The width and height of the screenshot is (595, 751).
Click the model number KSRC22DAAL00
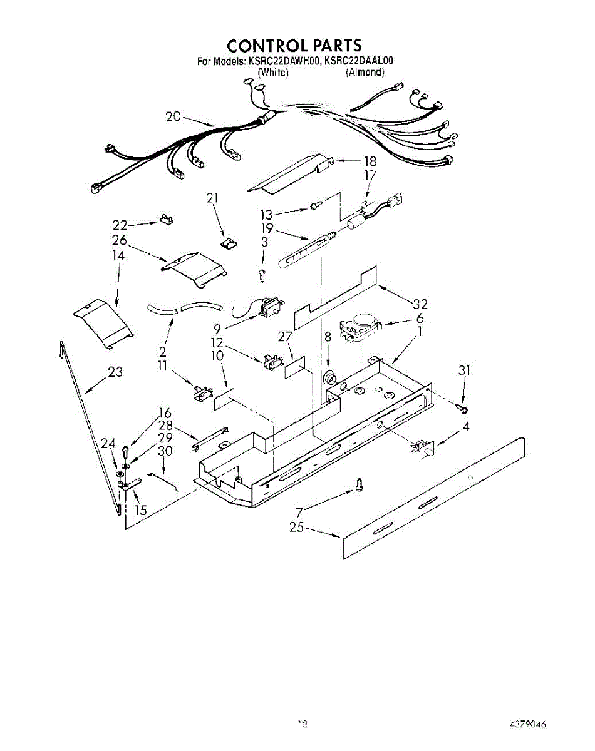359,61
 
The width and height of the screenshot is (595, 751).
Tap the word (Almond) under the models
365,73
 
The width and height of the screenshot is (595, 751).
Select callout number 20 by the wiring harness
174,116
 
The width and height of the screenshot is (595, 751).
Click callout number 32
420,304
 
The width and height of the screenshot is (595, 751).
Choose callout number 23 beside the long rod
115,372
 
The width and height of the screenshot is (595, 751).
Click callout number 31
463,370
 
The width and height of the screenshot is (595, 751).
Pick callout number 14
118,255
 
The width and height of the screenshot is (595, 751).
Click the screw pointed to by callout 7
359,483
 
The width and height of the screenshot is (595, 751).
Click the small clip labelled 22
166,219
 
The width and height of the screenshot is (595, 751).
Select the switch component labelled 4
425,449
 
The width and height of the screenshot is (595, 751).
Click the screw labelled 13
316,205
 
